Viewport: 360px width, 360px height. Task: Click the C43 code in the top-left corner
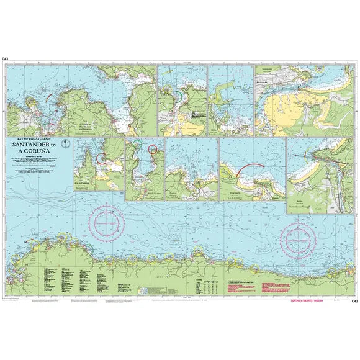[x=5, y=59]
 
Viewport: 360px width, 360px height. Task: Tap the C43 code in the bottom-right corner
[x=354, y=301]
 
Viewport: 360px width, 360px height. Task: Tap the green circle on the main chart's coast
[x=86, y=248]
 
